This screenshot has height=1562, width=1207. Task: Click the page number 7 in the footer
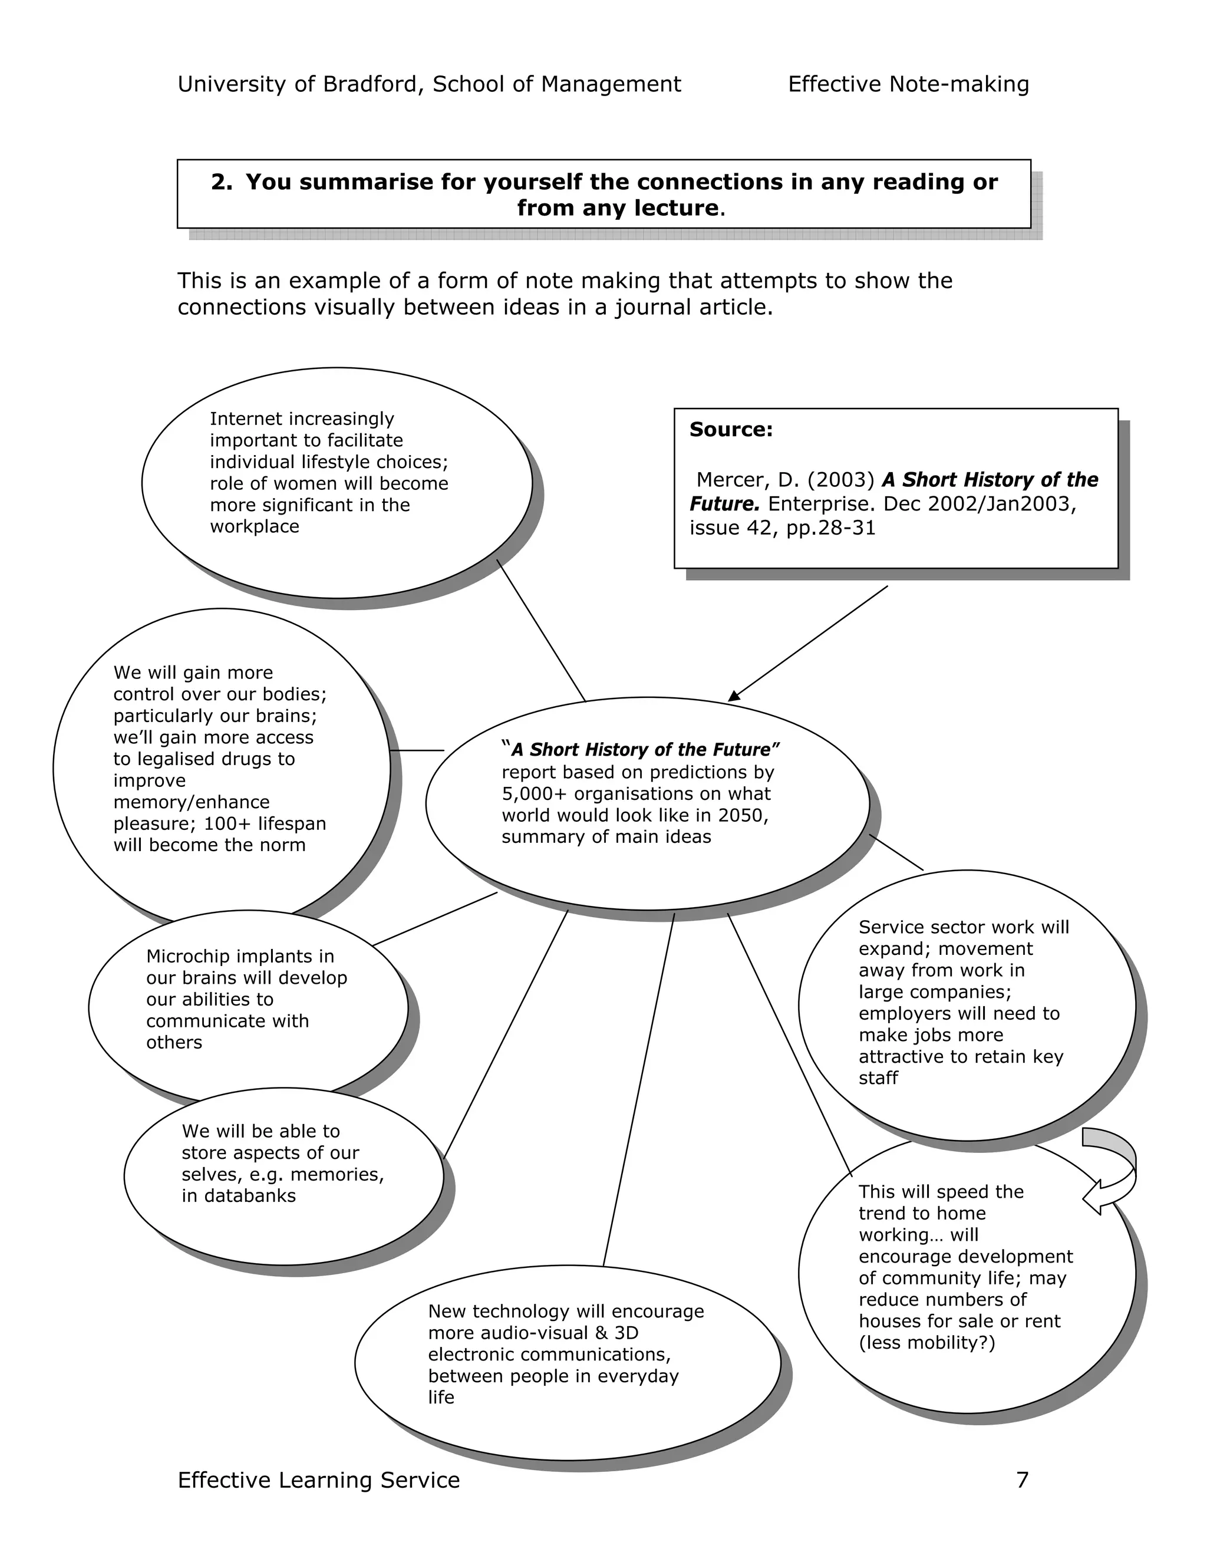1022,1479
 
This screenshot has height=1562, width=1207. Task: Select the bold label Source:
731,430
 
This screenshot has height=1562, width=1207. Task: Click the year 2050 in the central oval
744,815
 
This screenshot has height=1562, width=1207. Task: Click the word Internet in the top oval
241,418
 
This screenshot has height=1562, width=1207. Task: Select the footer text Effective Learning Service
318,1479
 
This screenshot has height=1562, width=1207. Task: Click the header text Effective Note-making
908,84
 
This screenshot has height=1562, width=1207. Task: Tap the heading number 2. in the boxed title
222,182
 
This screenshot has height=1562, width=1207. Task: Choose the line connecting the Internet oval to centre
541,630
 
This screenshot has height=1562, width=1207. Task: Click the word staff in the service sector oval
878,1078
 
